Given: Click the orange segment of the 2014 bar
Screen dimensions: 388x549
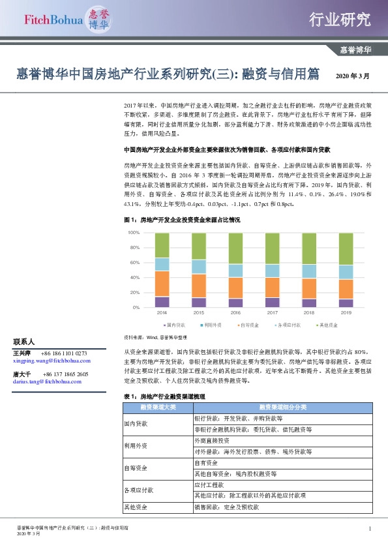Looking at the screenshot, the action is point(162,284).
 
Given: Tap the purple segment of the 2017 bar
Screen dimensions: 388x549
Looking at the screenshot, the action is point(273,302).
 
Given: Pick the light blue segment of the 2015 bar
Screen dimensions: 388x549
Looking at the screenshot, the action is point(199,266).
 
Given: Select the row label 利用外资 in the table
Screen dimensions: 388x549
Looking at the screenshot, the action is point(136,445).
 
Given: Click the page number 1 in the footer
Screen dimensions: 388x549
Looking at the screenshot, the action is point(370,528).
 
